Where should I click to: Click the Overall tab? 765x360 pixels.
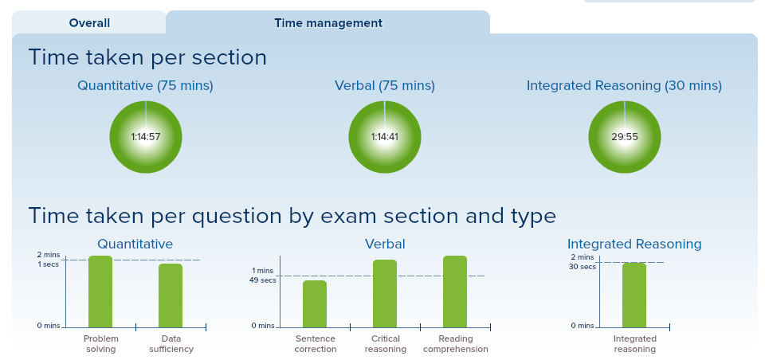point(89,23)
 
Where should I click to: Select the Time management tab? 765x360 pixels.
point(328,23)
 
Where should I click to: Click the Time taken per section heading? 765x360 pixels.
point(147,57)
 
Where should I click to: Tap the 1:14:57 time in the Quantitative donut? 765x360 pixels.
point(145,137)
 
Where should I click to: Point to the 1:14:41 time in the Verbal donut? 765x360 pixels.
point(384,137)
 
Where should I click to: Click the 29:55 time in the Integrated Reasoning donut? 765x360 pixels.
point(625,137)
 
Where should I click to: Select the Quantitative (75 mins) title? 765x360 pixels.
point(145,86)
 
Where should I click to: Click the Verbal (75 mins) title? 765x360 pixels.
point(384,86)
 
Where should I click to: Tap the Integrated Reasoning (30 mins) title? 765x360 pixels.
point(624,86)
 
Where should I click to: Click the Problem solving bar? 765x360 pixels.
point(100,292)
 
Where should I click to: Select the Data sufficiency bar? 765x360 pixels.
point(171,295)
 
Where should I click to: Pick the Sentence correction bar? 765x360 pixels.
point(315,304)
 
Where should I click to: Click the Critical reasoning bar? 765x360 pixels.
point(385,294)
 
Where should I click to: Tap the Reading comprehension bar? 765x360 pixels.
point(455,292)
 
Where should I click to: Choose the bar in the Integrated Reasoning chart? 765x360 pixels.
point(634,295)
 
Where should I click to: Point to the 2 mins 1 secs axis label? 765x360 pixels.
point(48,260)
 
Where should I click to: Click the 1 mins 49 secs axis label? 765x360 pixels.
point(264,276)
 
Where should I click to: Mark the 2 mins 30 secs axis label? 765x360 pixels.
point(583,262)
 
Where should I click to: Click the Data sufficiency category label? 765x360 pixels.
point(171,344)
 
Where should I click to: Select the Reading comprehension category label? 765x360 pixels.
point(456,344)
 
